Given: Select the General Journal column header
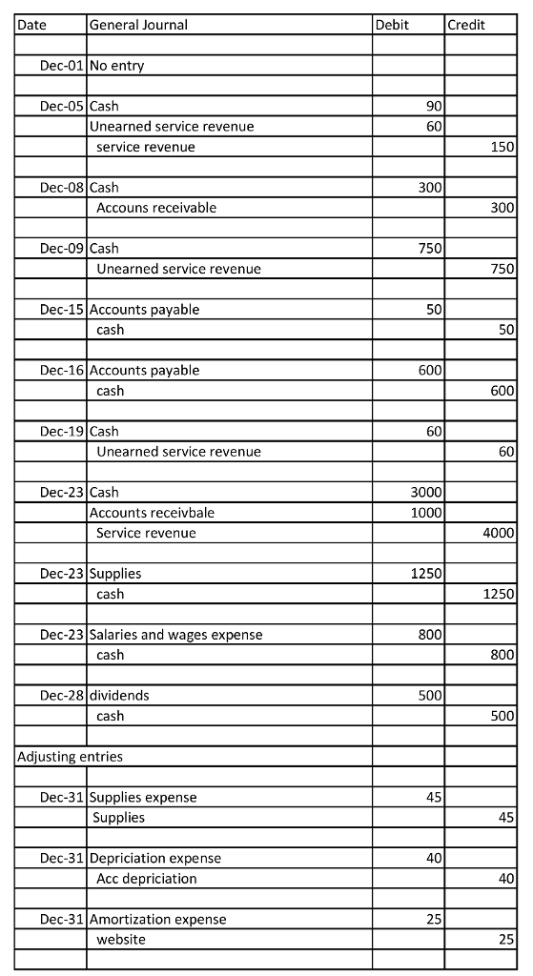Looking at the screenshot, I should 138,25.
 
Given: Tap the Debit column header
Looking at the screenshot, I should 393,25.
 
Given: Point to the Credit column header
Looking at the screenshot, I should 466,25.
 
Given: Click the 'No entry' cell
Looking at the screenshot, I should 117,66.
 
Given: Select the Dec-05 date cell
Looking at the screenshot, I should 62,106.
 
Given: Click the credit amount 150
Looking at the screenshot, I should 502,147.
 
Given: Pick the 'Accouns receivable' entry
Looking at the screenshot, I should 156,208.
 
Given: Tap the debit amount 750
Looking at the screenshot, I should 429,249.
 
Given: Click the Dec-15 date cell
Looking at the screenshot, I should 62,309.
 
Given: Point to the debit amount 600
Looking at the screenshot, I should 429,370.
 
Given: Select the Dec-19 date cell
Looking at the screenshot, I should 62,431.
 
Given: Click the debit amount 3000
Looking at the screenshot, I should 425,492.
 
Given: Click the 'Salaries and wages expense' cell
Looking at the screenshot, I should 176,634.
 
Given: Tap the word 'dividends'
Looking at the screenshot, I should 119,695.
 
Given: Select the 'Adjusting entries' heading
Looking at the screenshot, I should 70,756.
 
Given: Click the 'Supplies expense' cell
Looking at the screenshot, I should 143,797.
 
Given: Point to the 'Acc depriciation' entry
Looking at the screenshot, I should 147,878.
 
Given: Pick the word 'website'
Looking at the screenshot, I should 121,939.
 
